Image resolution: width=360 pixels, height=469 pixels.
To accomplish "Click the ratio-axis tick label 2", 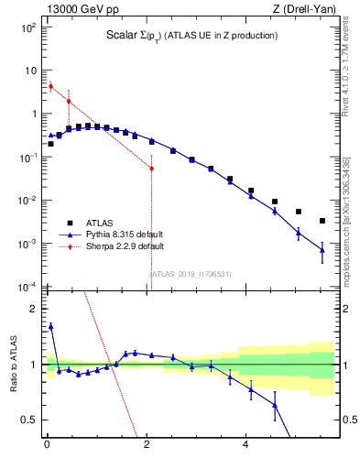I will tap(31, 309).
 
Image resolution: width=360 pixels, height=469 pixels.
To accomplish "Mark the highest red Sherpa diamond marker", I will tap(50, 86).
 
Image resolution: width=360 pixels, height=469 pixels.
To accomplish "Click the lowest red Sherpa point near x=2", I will tap(151, 169).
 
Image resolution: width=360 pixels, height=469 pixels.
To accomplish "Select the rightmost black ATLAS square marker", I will tap(322, 221).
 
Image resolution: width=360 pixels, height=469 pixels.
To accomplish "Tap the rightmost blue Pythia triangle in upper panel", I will tap(322, 250).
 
